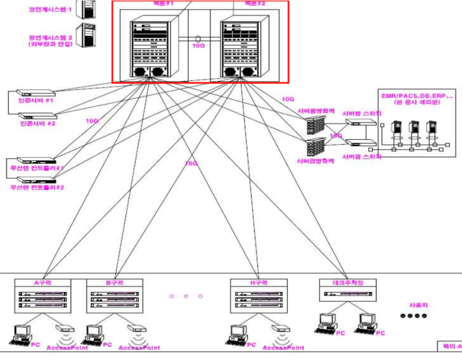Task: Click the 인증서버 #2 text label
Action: (x=38, y=124)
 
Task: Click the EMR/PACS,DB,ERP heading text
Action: (x=417, y=95)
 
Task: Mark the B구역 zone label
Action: (x=116, y=282)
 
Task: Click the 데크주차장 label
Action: (x=348, y=282)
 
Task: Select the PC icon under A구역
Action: (x=23, y=332)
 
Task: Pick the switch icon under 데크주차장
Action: (x=348, y=294)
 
